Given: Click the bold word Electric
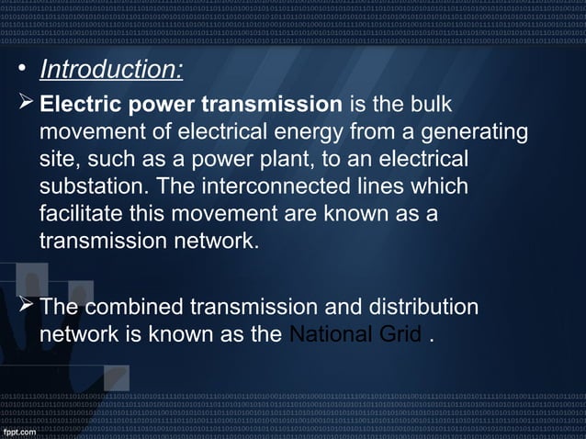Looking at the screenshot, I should pyautogui.click(x=84, y=104).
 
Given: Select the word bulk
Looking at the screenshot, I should pyautogui.click(x=428, y=104).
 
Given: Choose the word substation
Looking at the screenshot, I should pyautogui.click(x=94, y=187).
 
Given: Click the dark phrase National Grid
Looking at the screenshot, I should pyautogui.click(x=355, y=334).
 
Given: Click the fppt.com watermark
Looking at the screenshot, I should pyautogui.click(x=22, y=431).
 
